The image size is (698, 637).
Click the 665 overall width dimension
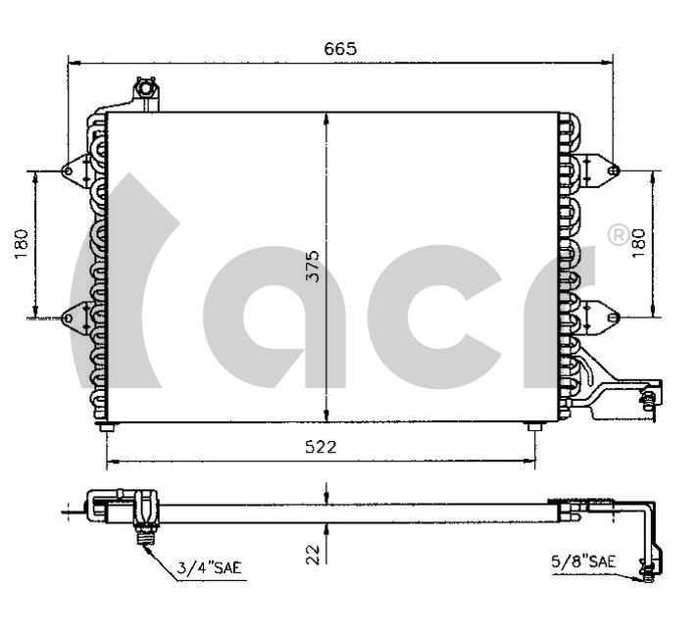click(x=340, y=49)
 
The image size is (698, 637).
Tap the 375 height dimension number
click(x=314, y=266)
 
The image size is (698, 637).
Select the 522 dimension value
click(x=321, y=447)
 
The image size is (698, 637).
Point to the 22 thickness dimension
click(x=314, y=555)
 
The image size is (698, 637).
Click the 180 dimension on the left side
click(x=21, y=244)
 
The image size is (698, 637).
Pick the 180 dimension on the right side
click(x=638, y=243)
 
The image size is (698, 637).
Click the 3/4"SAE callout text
click(x=209, y=567)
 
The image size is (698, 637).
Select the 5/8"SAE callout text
click(x=583, y=562)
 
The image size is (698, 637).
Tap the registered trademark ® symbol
click(x=619, y=235)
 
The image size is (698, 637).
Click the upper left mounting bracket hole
click(x=68, y=171)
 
